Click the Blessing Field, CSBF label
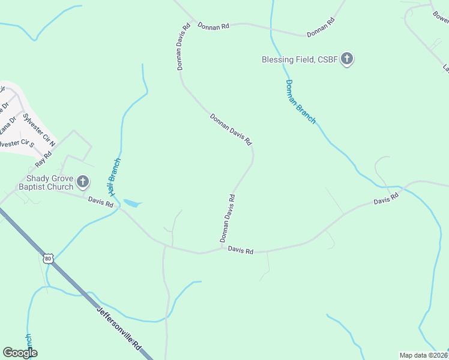pos(298,59)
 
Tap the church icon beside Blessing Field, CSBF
pos(347,59)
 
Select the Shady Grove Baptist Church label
pos(49,182)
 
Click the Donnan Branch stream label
pos(300,101)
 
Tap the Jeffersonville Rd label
pos(119,329)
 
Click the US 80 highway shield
pos(49,259)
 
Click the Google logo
pos(20,352)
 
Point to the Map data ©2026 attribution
pos(423,355)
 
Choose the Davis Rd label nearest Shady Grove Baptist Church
pos(101,202)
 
